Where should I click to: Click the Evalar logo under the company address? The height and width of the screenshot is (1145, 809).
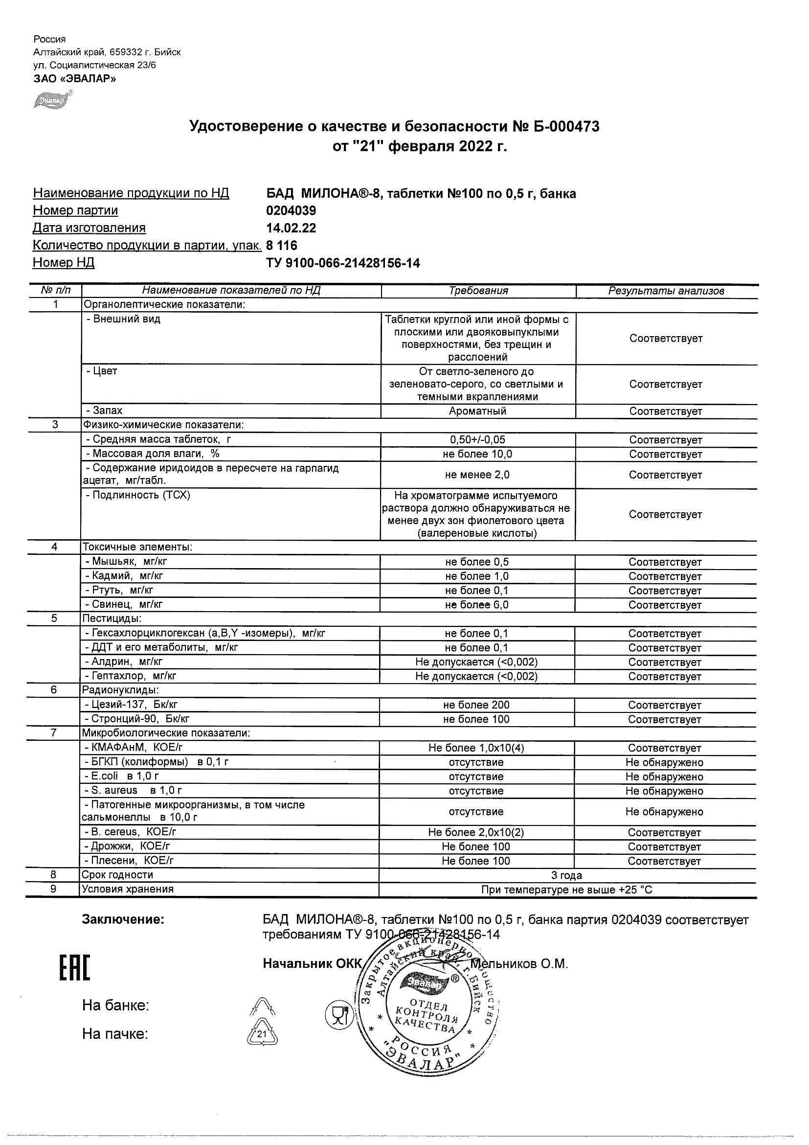[x=52, y=99]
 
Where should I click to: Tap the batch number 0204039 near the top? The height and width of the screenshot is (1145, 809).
[x=291, y=211]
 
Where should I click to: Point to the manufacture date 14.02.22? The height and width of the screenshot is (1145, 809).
[x=291, y=229]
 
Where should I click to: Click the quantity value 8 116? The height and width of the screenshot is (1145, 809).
[x=282, y=245]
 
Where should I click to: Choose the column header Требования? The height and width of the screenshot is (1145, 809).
[x=478, y=291]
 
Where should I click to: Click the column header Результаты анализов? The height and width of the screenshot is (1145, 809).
[x=666, y=291]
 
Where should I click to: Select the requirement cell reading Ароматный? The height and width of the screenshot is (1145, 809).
[x=477, y=411]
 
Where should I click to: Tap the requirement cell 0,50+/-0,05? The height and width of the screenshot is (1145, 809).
[x=477, y=440]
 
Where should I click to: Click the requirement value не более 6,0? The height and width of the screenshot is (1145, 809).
[x=477, y=605]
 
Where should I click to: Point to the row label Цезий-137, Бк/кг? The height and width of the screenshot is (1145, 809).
[x=132, y=705]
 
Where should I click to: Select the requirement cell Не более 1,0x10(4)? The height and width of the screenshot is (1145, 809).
[x=476, y=748]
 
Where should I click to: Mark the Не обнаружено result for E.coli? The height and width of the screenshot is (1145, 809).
[x=664, y=777]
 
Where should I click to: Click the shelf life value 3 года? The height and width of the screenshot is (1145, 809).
[x=566, y=875]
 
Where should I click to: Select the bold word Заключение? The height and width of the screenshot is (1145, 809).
[x=123, y=919]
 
